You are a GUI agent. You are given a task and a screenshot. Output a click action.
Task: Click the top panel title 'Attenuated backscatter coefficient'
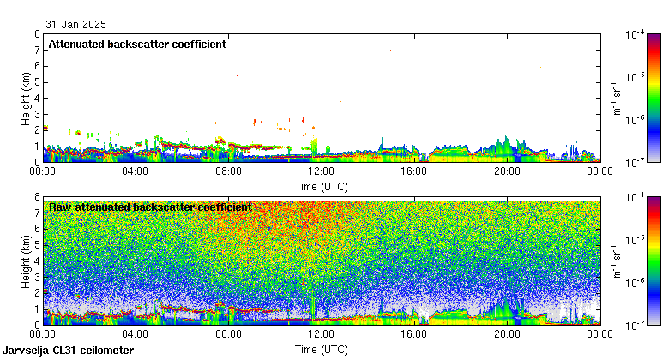pyautogui.click(x=137, y=45)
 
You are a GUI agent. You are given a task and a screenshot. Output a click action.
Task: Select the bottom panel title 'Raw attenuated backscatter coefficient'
pyautogui.click(x=150, y=207)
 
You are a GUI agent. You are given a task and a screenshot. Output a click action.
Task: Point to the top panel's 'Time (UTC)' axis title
pyautogui.click(x=322, y=185)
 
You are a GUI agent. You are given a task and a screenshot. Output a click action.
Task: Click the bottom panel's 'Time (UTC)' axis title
pyautogui.click(x=322, y=350)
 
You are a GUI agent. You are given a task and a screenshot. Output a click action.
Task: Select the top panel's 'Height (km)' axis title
pyautogui.click(x=27, y=98)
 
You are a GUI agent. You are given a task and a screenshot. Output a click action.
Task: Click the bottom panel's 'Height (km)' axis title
pyautogui.click(x=27, y=261)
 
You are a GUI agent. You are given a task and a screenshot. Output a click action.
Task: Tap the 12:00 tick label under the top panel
pyautogui.click(x=322, y=171)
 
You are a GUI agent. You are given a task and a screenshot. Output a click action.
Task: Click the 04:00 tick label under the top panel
pyautogui.click(x=136, y=171)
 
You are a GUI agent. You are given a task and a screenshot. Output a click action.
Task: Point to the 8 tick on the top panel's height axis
pyautogui.click(x=37, y=34)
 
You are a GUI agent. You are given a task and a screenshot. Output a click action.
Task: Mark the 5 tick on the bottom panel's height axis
pyautogui.click(x=37, y=245)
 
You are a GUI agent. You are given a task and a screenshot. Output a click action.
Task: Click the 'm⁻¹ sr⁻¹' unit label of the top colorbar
pyautogui.click(x=616, y=98)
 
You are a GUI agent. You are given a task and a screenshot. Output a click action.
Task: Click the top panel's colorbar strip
pyautogui.click(x=654, y=98)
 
